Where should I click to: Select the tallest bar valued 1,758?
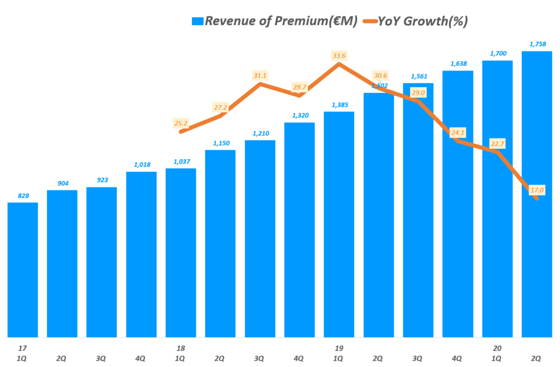tap(536, 194)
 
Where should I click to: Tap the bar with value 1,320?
tap(299, 230)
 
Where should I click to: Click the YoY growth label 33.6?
tap(339, 56)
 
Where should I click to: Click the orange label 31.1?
tap(260, 75)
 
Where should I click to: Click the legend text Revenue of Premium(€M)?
tap(281, 21)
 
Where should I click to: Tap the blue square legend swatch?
tap(197, 21)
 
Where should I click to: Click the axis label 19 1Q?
tap(339, 352)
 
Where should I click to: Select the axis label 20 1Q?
tap(497, 352)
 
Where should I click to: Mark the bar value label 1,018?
tap(141, 164)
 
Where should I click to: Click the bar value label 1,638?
tap(457, 63)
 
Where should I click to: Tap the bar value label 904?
tap(62, 183)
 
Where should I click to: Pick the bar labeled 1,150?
tap(220, 243)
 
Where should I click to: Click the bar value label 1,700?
tap(497, 53)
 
